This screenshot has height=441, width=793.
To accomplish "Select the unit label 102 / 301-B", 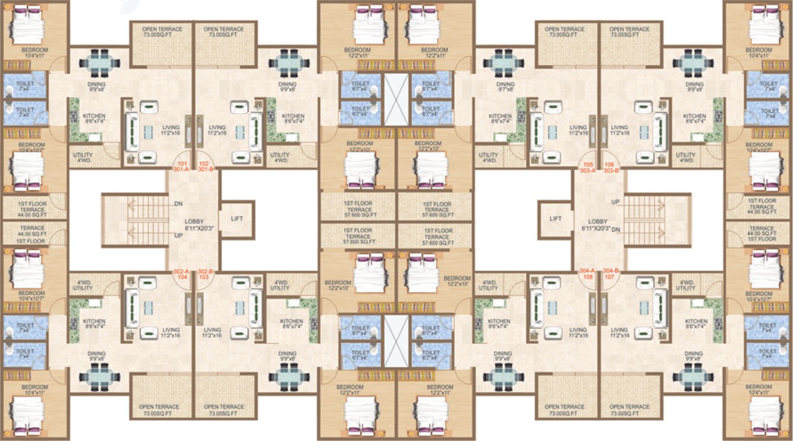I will (x=205, y=165).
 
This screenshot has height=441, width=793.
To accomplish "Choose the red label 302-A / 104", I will (x=180, y=274).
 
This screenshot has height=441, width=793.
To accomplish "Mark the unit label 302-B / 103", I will (x=205, y=274).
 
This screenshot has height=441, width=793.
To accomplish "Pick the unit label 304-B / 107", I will (x=611, y=274).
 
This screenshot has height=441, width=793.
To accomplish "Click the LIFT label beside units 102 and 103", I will (x=236, y=219).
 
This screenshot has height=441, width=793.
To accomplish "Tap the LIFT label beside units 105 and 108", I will (x=556, y=219).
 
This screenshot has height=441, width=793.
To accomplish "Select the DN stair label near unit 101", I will (x=178, y=203).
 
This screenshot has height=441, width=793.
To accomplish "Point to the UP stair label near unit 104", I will (x=178, y=236).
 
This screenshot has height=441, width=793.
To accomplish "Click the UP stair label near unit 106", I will (x=615, y=202).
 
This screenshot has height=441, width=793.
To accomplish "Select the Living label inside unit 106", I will (x=619, y=131).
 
